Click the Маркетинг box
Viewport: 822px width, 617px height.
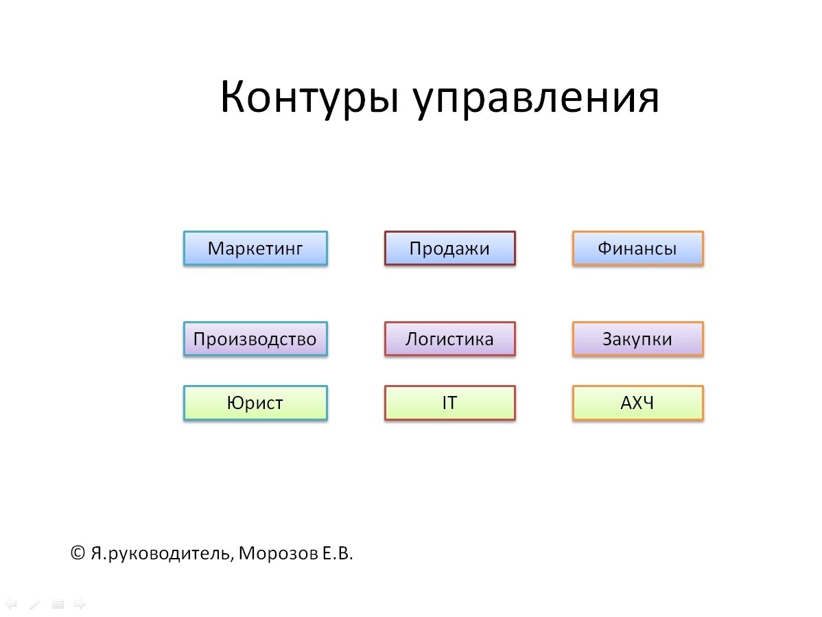click(x=255, y=248)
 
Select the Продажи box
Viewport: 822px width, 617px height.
click(x=449, y=248)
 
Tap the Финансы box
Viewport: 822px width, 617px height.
click(x=637, y=248)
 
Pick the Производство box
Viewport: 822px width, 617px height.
click(x=255, y=339)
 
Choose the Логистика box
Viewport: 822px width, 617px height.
click(x=449, y=339)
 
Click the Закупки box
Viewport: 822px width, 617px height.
click(x=637, y=339)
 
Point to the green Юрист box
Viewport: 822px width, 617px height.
click(x=255, y=403)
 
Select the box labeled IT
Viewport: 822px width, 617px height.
click(x=449, y=403)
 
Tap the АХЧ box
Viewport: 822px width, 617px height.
click(x=637, y=403)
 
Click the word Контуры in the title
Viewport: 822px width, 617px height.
click(x=309, y=97)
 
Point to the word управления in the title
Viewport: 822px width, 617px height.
click(x=536, y=100)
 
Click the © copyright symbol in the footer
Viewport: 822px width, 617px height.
click(x=78, y=553)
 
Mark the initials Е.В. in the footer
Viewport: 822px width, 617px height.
click(x=337, y=554)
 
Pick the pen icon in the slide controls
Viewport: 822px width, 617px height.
click(x=34, y=604)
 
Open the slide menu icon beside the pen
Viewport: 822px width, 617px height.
click(x=58, y=604)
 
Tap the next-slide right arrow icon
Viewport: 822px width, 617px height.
click(x=80, y=604)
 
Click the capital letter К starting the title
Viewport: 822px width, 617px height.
click(x=233, y=97)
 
